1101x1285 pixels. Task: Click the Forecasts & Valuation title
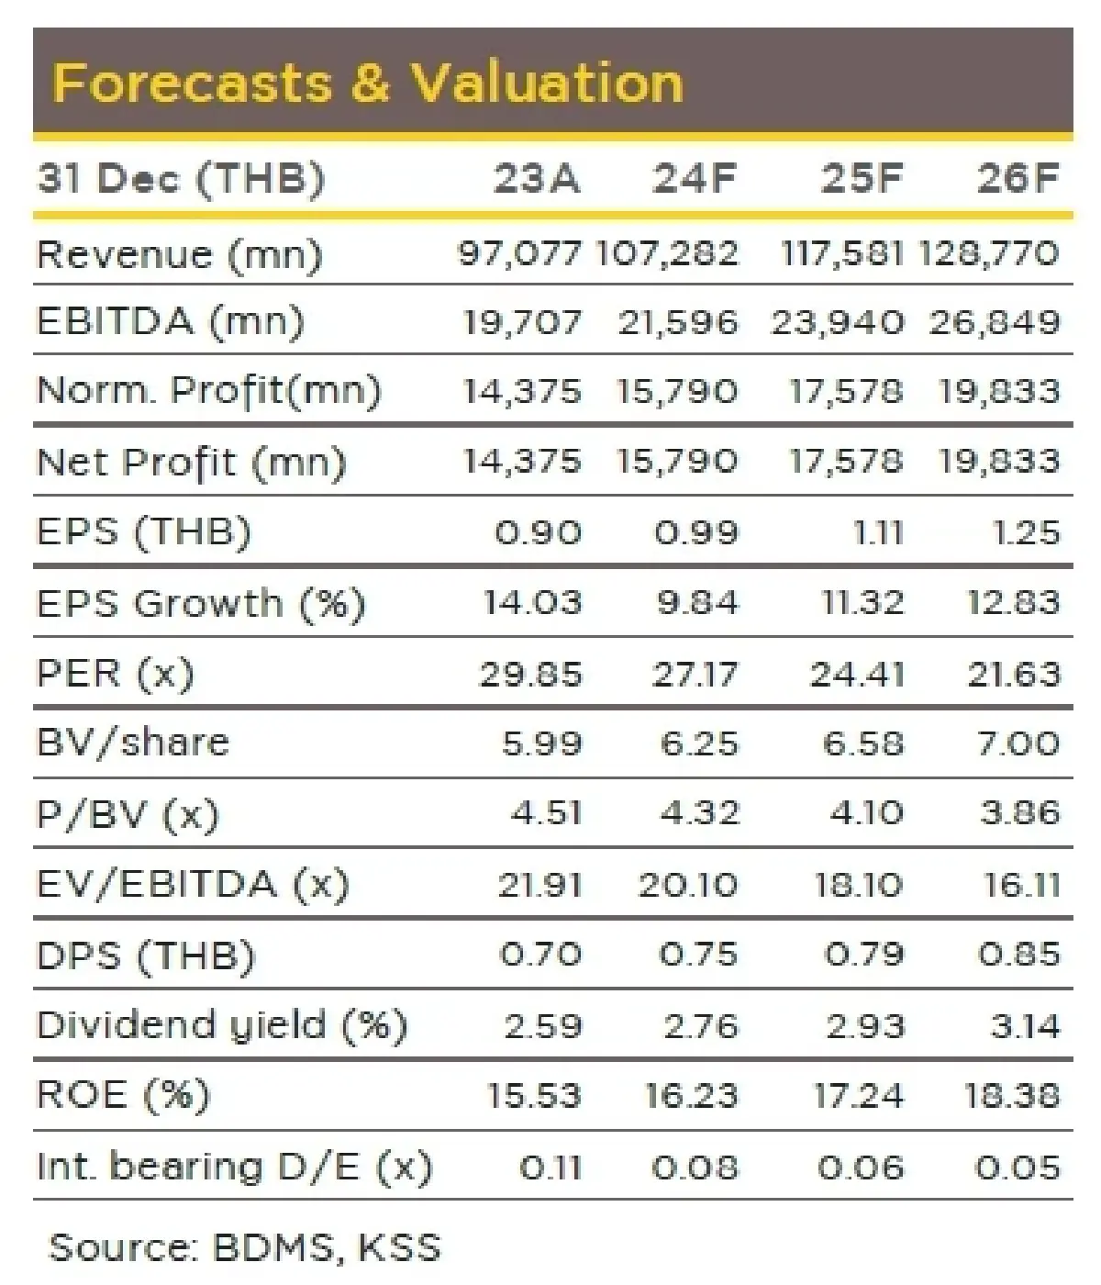[367, 83]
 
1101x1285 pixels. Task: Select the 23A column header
[537, 177]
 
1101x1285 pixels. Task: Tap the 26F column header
[1018, 177]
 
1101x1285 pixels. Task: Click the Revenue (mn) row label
[179, 254]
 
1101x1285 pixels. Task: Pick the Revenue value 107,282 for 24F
[667, 253]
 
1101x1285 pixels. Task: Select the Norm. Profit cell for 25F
[846, 392]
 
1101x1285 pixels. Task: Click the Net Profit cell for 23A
[521, 461]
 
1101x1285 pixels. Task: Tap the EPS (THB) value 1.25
[1027, 532]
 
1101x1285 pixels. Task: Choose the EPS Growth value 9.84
[697, 603]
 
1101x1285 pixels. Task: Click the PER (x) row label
[115, 674]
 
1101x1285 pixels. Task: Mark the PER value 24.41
[857, 675]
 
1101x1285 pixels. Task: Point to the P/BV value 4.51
[546, 813]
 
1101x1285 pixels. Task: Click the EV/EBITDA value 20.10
[687, 885]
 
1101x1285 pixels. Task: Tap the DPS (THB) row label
[145, 955]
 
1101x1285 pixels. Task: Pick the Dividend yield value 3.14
[1025, 1025]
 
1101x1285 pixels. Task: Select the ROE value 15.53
[534, 1096]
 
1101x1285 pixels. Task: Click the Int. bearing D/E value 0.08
[695, 1168]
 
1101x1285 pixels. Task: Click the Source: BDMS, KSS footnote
[244, 1247]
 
